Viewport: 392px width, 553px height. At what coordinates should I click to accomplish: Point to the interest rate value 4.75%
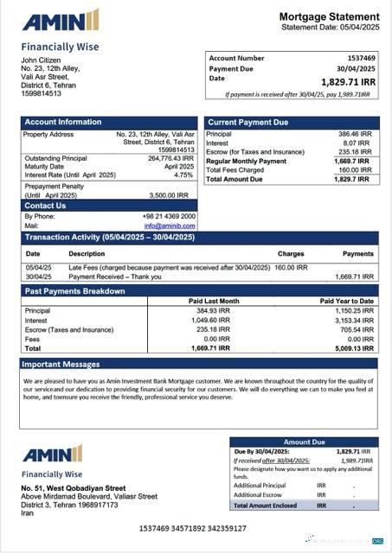[x=183, y=175]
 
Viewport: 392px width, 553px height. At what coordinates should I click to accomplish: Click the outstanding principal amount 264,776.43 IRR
[x=170, y=158]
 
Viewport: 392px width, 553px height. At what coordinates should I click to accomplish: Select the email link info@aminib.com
[x=170, y=226]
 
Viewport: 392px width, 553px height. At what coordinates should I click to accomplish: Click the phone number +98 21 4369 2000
[x=170, y=216]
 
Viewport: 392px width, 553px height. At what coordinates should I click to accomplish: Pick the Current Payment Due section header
[x=248, y=123]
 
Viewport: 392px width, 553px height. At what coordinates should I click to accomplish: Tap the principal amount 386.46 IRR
[x=354, y=135]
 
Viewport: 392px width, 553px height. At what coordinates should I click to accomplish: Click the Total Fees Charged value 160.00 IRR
[x=354, y=170]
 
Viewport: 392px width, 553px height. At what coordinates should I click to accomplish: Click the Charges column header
[x=290, y=254]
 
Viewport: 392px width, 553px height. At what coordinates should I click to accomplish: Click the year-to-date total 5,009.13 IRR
[x=353, y=348]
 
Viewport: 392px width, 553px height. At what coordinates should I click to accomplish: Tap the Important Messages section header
[x=62, y=365]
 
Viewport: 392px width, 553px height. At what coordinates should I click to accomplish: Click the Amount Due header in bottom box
[x=304, y=442]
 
